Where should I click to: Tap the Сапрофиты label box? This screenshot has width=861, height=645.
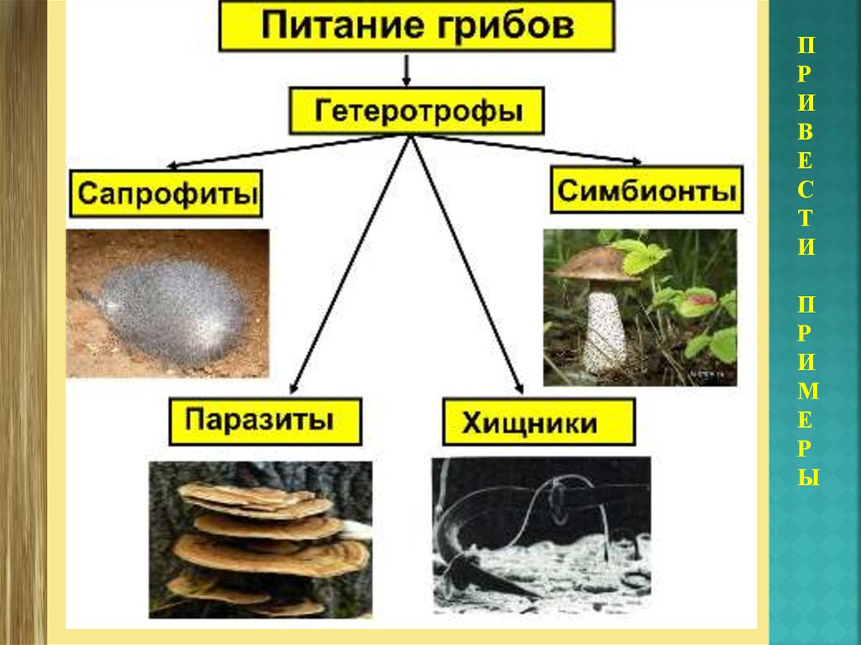pyautogui.click(x=166, y=194)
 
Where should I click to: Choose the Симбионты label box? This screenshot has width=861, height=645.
pyautogui.click(x=647, y=190)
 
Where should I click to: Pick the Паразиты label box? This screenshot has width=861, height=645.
pyautogui.click(x=265, y=421)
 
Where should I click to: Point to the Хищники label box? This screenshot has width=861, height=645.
pyautogui.click(x=539, y=423)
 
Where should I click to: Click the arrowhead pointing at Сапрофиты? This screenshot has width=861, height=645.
pyautogui.click(x=172, y=166)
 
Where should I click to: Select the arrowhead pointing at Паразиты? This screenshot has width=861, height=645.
pyautogui.click(x=293, y=389)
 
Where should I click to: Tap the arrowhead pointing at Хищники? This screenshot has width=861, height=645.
pyautogui.click(x=519, y=388)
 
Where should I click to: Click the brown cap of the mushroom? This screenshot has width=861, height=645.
pyautogui.click(x=594, y=264)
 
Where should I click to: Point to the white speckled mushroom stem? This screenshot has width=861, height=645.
pyautogui.click(x=605, y=331)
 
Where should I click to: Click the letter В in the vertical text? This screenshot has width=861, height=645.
pyautogui.click(x=806, y=131)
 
